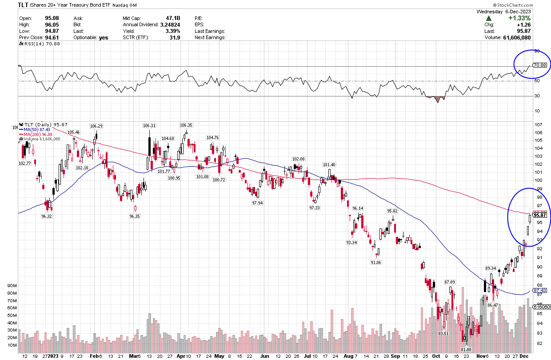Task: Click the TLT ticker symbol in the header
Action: point(24,4)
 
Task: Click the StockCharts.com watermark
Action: point(529,4)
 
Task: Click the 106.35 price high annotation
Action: point(186,125)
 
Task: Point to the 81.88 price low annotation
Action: point(465,349)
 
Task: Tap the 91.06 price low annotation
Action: point(376,263)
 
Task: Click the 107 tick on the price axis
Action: point(538,124)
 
